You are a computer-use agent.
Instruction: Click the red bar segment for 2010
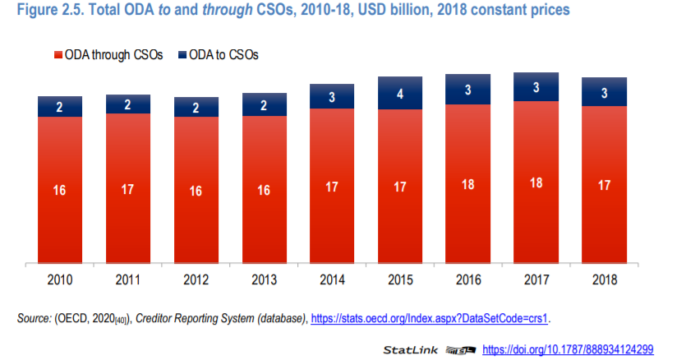point(60,190)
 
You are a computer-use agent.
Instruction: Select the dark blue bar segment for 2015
point(399,94)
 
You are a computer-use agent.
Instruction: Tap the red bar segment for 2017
point(536,182)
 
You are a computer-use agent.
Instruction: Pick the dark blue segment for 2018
point(604,93)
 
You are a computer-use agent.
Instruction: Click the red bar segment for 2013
point(264,190)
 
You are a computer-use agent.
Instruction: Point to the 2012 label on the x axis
point(196,280)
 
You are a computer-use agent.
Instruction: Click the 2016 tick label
point(467,280)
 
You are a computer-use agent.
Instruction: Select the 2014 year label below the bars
point(332,280)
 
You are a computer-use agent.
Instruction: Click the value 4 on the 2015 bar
point(399,94)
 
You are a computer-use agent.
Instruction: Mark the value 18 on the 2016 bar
point(467,184)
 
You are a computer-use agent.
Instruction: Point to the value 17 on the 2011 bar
point(128,189)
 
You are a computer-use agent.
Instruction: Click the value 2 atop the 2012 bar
point(196,108)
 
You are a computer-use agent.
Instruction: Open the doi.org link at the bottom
point(568,349)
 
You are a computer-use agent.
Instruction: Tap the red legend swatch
point(58,55)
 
